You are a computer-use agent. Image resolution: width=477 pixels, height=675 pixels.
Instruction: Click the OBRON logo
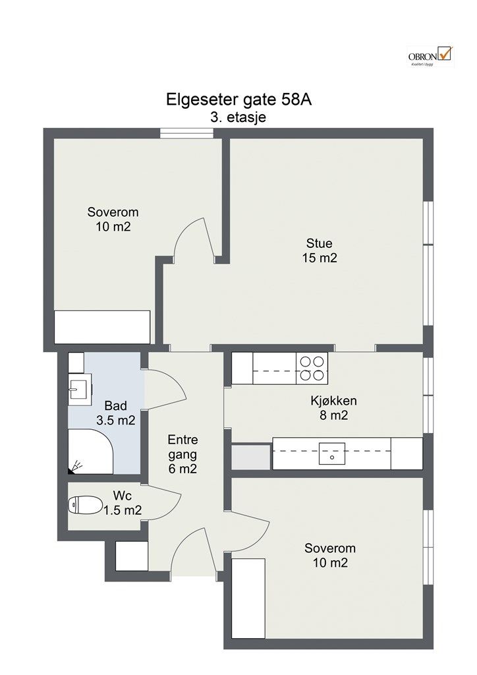pos(430,57)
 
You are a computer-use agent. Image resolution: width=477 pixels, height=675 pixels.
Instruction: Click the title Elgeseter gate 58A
pos(238,100)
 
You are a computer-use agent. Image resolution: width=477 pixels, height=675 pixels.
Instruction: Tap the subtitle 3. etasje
pos(238,117)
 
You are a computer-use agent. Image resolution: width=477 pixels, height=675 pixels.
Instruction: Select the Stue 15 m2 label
pos(319,250)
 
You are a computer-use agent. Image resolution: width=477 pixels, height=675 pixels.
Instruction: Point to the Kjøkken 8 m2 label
pos(334,407)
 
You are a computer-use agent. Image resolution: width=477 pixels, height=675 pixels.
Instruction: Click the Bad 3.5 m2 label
pos(116,413)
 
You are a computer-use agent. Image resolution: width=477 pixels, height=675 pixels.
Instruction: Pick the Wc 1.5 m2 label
pos(123,503)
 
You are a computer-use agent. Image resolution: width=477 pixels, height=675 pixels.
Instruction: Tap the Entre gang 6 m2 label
pos(182,454)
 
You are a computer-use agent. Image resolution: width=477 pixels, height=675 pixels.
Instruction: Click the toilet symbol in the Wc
pos(85,504)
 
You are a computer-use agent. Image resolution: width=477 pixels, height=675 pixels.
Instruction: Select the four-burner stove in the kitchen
pos(312,368)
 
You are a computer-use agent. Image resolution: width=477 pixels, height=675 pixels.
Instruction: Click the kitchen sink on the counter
pos(331,454)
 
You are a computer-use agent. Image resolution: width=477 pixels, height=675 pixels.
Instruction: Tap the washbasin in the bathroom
pos(80,386)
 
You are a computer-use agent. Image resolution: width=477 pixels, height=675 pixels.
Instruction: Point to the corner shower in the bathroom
pos(90,451)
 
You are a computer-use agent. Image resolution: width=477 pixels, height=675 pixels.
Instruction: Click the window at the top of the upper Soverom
pos(187,133)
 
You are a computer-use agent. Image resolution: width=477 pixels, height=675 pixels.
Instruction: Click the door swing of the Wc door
pos(163,502)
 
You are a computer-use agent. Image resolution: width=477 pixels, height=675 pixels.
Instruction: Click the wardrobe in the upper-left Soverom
pos(102,327)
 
